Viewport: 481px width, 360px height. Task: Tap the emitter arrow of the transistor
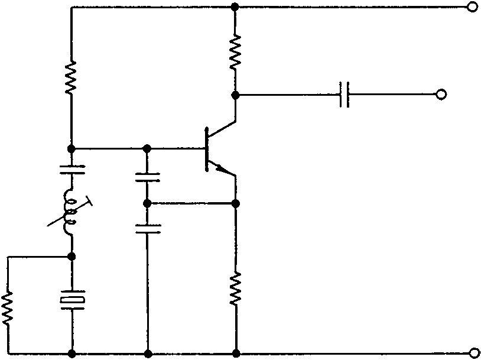(x=223, y=170)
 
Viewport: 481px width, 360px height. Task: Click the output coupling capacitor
(x=345, y=95)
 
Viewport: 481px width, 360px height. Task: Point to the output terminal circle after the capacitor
(x=440, y=95)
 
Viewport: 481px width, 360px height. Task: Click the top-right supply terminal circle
(x=472, y=8)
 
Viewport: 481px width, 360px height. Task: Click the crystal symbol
(x=71, y=300)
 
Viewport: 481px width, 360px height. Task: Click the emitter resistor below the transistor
(x=235, y=288)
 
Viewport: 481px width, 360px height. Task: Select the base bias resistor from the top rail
(x=71, y=77)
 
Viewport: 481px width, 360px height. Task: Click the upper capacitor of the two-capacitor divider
(x=147, y=176)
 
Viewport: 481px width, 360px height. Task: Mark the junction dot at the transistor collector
(x=235, y=95)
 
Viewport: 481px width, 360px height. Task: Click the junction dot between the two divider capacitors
(x=147, y=203)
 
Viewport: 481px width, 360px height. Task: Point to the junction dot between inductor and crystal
(x=71, y=257)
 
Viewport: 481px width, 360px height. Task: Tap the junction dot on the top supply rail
(x=235, y=8)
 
